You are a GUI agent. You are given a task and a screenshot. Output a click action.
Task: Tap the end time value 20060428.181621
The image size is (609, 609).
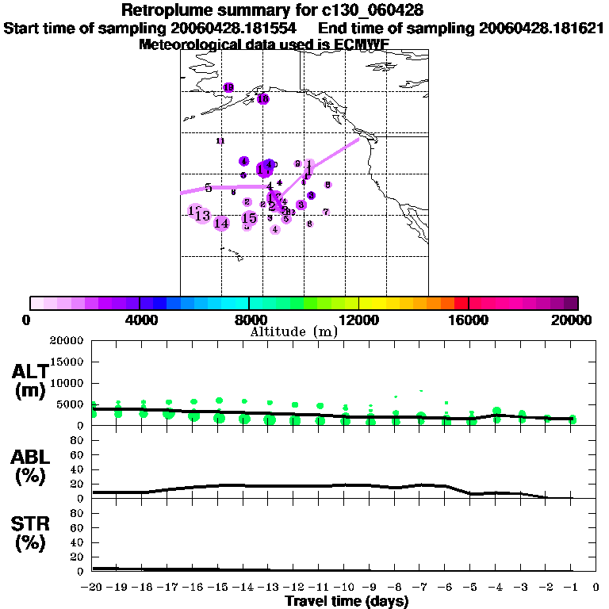(542, 29)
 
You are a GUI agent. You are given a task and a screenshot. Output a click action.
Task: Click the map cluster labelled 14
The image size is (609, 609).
(221, 224)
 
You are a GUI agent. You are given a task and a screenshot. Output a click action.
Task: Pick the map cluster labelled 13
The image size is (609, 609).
(202, 216)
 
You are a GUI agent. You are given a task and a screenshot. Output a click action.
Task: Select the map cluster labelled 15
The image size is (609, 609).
(249, 218)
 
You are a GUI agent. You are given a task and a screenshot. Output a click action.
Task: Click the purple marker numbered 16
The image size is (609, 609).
(262, 99)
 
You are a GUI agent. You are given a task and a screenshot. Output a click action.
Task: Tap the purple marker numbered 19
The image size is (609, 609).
(228, 87)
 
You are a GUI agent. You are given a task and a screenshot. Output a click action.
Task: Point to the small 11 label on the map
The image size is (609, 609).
(220, 140)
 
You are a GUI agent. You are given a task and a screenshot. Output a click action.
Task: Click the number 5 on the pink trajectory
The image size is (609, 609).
(208, 188)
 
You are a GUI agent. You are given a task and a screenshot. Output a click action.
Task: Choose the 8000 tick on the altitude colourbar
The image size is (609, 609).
(249, 320)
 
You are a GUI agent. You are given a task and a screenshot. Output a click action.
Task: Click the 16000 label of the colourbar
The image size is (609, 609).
(469, 320)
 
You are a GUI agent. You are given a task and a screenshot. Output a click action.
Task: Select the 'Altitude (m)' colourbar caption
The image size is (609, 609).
(293, 331)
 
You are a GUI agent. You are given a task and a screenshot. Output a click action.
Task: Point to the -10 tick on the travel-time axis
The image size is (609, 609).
(345, 588)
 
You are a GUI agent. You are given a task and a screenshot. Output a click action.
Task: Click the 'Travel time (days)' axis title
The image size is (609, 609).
(347, 602)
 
